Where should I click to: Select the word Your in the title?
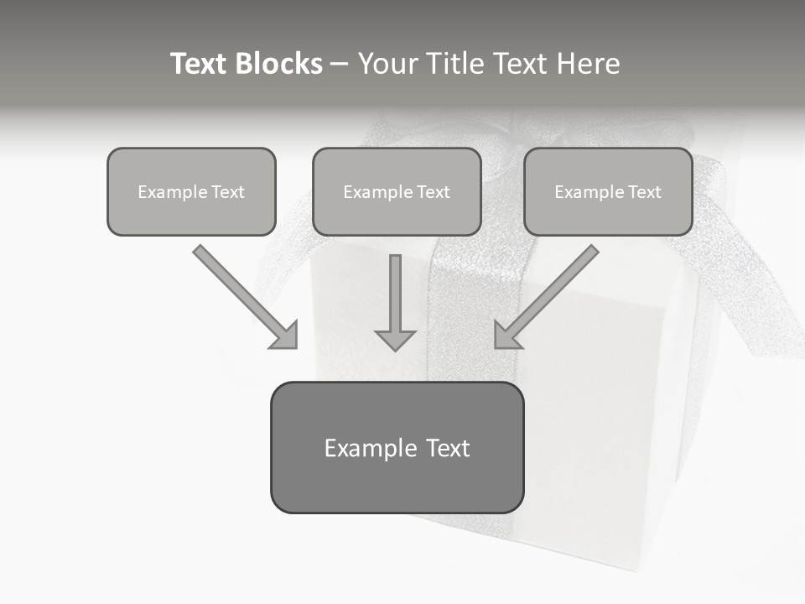[386, 64]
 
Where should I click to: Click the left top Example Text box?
[191, 192]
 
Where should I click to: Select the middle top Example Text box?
[397, 192]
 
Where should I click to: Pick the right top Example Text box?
[608, 192]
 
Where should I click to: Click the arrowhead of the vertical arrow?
[396, 339]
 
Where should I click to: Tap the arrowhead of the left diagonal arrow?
[286, 336]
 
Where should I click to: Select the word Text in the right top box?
[644, 192]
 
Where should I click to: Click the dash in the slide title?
[340, 65]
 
